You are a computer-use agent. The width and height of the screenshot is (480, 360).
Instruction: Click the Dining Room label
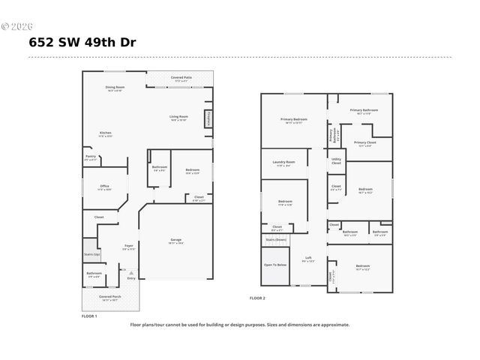click(115, 88)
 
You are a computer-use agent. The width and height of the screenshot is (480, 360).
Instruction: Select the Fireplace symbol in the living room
click(208, 118)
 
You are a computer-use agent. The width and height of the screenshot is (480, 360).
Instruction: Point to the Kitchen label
click(105, 134)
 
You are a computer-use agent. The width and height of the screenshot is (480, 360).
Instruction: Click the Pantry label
click(90, 157)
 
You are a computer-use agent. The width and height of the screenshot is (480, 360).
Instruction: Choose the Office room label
click(104, 187)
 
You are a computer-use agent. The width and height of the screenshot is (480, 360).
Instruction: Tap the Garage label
click(175, 240)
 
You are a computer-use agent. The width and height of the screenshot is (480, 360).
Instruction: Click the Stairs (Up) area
click(91, 254)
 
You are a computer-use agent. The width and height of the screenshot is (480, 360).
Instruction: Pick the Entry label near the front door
click(132, 278)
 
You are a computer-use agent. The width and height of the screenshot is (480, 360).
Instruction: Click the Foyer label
click(128, 246)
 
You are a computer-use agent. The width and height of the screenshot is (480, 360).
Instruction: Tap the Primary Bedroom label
click(294, 120)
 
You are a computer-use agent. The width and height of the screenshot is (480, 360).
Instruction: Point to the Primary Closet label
click(364, 143)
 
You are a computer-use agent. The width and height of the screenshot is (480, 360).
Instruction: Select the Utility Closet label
click(336, 160)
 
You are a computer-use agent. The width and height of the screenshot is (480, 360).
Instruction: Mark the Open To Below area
click(275, 265)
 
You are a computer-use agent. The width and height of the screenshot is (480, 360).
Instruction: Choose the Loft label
click(307, 259)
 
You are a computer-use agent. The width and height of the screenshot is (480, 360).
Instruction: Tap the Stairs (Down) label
click(276, 240)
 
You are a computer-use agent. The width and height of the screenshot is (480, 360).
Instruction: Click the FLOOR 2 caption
click(257, 298)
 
